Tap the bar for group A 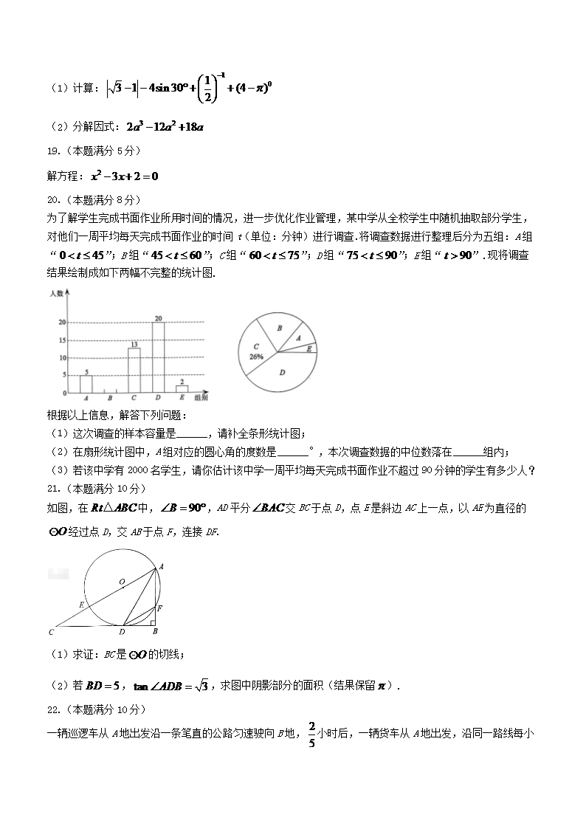(86, 383)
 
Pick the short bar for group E (182, 388)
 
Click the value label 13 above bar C (134, 344)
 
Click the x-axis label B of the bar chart (110, 399)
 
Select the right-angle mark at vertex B (154, 622)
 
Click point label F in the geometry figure (160, 608)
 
